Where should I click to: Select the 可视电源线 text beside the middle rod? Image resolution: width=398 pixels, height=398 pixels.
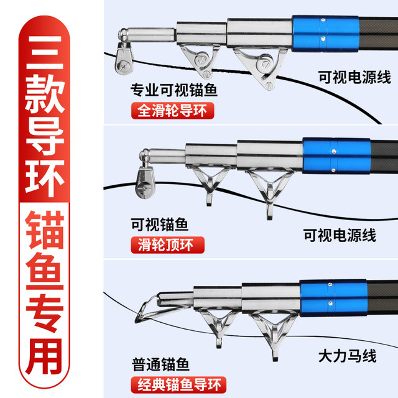(340, 235)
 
